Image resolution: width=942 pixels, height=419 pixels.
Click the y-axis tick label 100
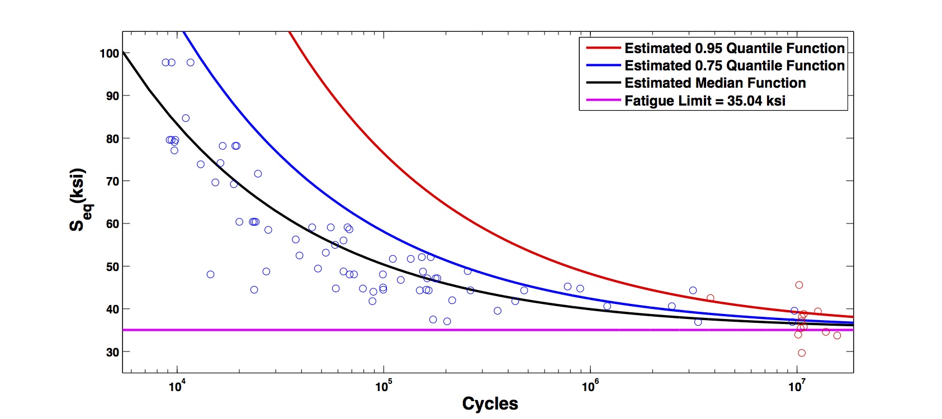(109, 54)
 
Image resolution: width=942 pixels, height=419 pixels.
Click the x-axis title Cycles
(490, 403)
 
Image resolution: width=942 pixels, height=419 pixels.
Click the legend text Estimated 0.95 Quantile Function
(734, 48)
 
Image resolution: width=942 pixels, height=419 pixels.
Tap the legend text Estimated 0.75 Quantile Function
(734, 65)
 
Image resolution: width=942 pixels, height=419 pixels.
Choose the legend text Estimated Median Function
(715, 83)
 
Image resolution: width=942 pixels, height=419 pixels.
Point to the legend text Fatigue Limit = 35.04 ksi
(704, 101)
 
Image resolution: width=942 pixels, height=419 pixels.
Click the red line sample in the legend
(603, 48)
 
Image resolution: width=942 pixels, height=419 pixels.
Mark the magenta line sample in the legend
(603, 101)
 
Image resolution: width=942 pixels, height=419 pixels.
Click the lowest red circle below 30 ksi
(802, 353)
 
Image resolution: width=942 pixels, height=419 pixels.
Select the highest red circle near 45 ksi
(799, 285)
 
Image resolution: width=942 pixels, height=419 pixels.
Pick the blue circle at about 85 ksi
(186, 118)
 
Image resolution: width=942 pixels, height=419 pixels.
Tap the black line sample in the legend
(603, 83)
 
